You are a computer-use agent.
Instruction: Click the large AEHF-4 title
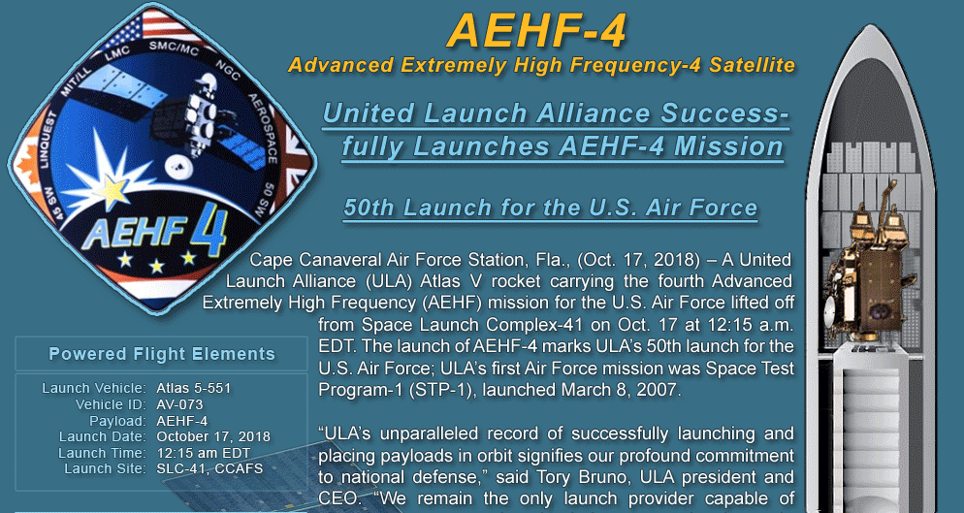coord(536,31)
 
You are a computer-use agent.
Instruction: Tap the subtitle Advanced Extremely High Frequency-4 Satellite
coord(541,65)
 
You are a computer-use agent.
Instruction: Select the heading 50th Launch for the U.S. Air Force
coord(550,208)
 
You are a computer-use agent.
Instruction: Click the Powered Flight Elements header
coord(162,354)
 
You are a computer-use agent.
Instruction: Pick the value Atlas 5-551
coord(194,388)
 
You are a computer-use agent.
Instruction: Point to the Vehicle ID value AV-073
coord(179,404)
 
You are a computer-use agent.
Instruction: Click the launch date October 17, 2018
coord(213,436)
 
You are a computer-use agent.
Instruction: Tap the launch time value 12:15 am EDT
coord(204,453)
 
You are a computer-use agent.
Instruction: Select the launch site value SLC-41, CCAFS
coord(209,468)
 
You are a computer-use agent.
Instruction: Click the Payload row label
coord(117,421)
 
